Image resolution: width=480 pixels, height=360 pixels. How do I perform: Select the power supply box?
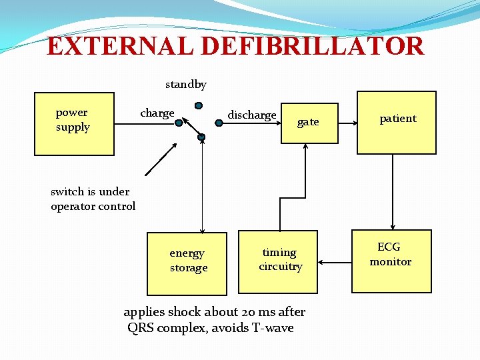74,123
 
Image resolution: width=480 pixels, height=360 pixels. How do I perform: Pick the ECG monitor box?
391,254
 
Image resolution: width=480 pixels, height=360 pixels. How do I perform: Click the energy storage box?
187,263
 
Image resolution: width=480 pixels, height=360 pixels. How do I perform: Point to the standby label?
186,85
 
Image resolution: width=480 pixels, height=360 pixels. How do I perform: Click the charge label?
157,113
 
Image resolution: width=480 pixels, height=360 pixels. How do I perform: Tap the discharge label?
252,115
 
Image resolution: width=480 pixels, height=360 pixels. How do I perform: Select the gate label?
308,122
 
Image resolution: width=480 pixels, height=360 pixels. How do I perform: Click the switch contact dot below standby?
199,105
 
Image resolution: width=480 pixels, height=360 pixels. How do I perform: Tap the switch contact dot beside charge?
179,122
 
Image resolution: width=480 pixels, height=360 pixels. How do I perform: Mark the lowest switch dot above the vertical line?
201,138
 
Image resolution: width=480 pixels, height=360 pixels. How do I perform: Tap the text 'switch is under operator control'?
93,199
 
